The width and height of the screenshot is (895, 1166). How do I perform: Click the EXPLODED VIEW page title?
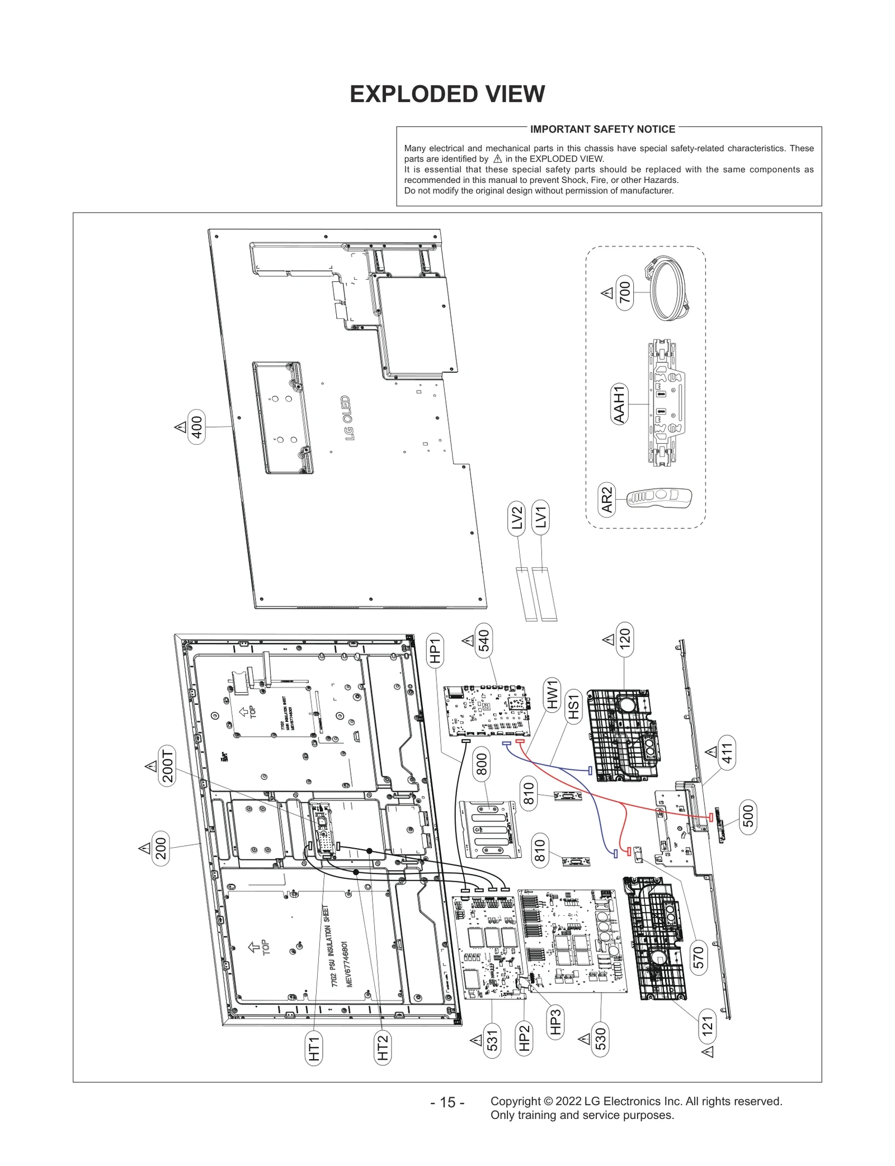pyautogui.click(x=447, y=94)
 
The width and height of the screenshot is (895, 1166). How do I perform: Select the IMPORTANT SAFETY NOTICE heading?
pyautogui.click(x=602, y=129)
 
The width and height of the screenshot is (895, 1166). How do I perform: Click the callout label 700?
pyautogui.click(x=625, y=292)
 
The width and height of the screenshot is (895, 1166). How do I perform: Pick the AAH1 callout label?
pyautogui.click(x=619, y=404)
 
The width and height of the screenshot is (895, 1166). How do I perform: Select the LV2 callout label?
pyautogui.click(x=517, y=518)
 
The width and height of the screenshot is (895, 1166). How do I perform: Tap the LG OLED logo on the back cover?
pyautogui.click(x=347, y=418)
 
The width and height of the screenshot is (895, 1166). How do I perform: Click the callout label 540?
pyautogui.click(x=484, y=641)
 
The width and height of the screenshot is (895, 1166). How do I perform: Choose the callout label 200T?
pyautogui.click(x=167, y=766)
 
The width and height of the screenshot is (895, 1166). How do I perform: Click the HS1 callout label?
pyautogui.click(x=573, y=707)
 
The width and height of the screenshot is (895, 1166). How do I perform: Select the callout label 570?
pyautogui.click(x=698, y=957)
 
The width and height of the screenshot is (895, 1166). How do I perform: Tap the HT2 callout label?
pyautogui.click(x=383, y=1047)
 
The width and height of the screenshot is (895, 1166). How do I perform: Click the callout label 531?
pyautogui.click(x=492, y=1041)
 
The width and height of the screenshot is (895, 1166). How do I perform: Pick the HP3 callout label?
pyautogui.click(x=555, y=1022)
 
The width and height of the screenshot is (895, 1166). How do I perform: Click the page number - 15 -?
pyautogui.click(x=447, y=1102)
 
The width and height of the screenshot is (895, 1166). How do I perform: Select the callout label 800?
pyautogui.click(x=482, y=765)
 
